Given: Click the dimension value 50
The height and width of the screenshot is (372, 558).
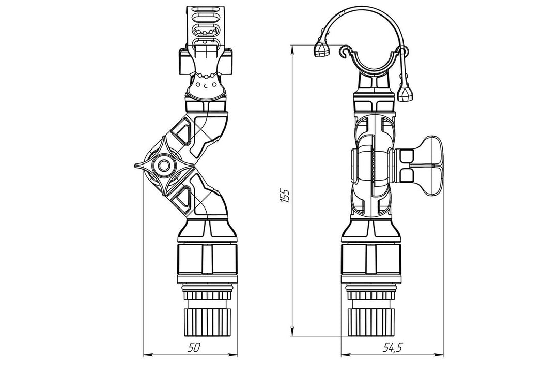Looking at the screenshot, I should (x=194, y=348).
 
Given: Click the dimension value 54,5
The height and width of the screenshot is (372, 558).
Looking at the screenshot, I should (x=392, y=348).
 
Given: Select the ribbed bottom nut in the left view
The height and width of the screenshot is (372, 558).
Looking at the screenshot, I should (x=206, y=324).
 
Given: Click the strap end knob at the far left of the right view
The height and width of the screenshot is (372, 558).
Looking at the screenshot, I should (x=322, y=50).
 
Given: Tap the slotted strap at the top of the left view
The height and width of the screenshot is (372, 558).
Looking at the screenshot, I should (x=206, y=23).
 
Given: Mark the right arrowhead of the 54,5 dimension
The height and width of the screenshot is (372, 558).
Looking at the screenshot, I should (x=442, y=355).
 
